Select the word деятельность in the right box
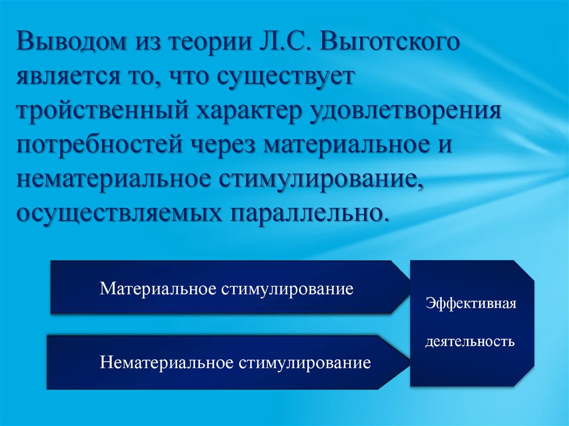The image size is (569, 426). pyautogui.click(x=470, y=340)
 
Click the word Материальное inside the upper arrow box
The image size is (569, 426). pyautogui.click(x=158, y=289)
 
